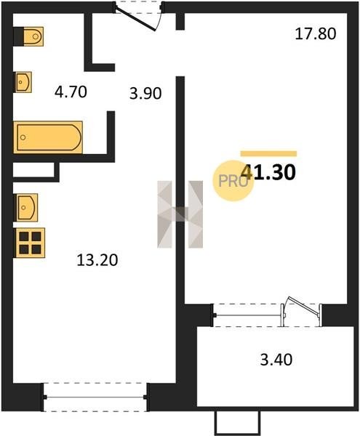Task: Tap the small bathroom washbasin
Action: [23, 82]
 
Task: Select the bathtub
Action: [48, 137]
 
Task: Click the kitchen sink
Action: [26, 207]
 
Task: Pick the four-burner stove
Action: [30, 243]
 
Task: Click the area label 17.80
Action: [316, 34]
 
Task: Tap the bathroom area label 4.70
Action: [71, 92]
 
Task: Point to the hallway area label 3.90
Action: [145, 94]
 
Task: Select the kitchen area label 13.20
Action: [97, 260]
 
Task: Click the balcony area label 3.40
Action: [276, 360]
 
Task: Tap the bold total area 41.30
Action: [268, 172]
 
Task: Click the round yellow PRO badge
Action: [233, 181]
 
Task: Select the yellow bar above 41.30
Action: [268, 153]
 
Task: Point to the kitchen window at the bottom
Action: [95, 397]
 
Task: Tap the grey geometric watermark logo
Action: [180, 214]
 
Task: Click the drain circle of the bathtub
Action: [23, 137]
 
